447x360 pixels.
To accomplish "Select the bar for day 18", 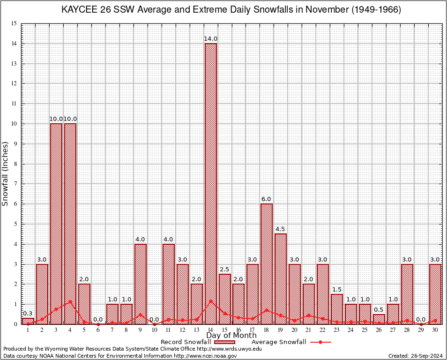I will [267, 262].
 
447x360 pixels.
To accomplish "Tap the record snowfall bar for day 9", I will [141, 281].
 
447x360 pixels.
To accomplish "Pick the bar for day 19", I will [281, 277].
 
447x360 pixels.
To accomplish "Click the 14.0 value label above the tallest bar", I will [210, 39].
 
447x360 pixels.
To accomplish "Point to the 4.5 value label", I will [281, 229].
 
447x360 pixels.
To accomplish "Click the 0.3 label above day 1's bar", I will [28, 314].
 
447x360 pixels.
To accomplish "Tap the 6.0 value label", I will [267, 199].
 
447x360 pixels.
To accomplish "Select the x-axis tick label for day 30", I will [435, 330].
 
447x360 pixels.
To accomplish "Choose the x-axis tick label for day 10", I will [154, 330].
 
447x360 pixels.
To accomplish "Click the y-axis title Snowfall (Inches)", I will [6, 174].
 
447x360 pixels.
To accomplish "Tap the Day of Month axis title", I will [231, 336].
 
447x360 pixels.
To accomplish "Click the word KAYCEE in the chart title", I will [77, 10].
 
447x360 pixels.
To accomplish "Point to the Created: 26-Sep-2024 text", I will [416, 356].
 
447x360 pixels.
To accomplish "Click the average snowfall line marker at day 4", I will [70, 301].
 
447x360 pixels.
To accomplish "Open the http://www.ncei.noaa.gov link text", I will [205, 356].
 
